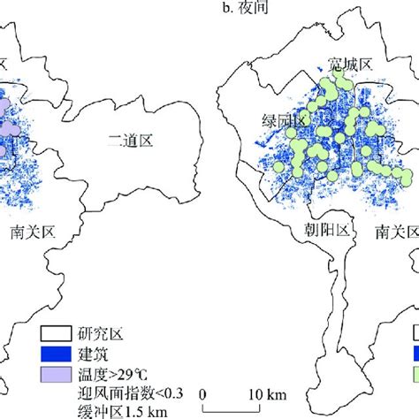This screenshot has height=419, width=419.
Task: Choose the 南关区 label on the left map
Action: coord(33,232)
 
